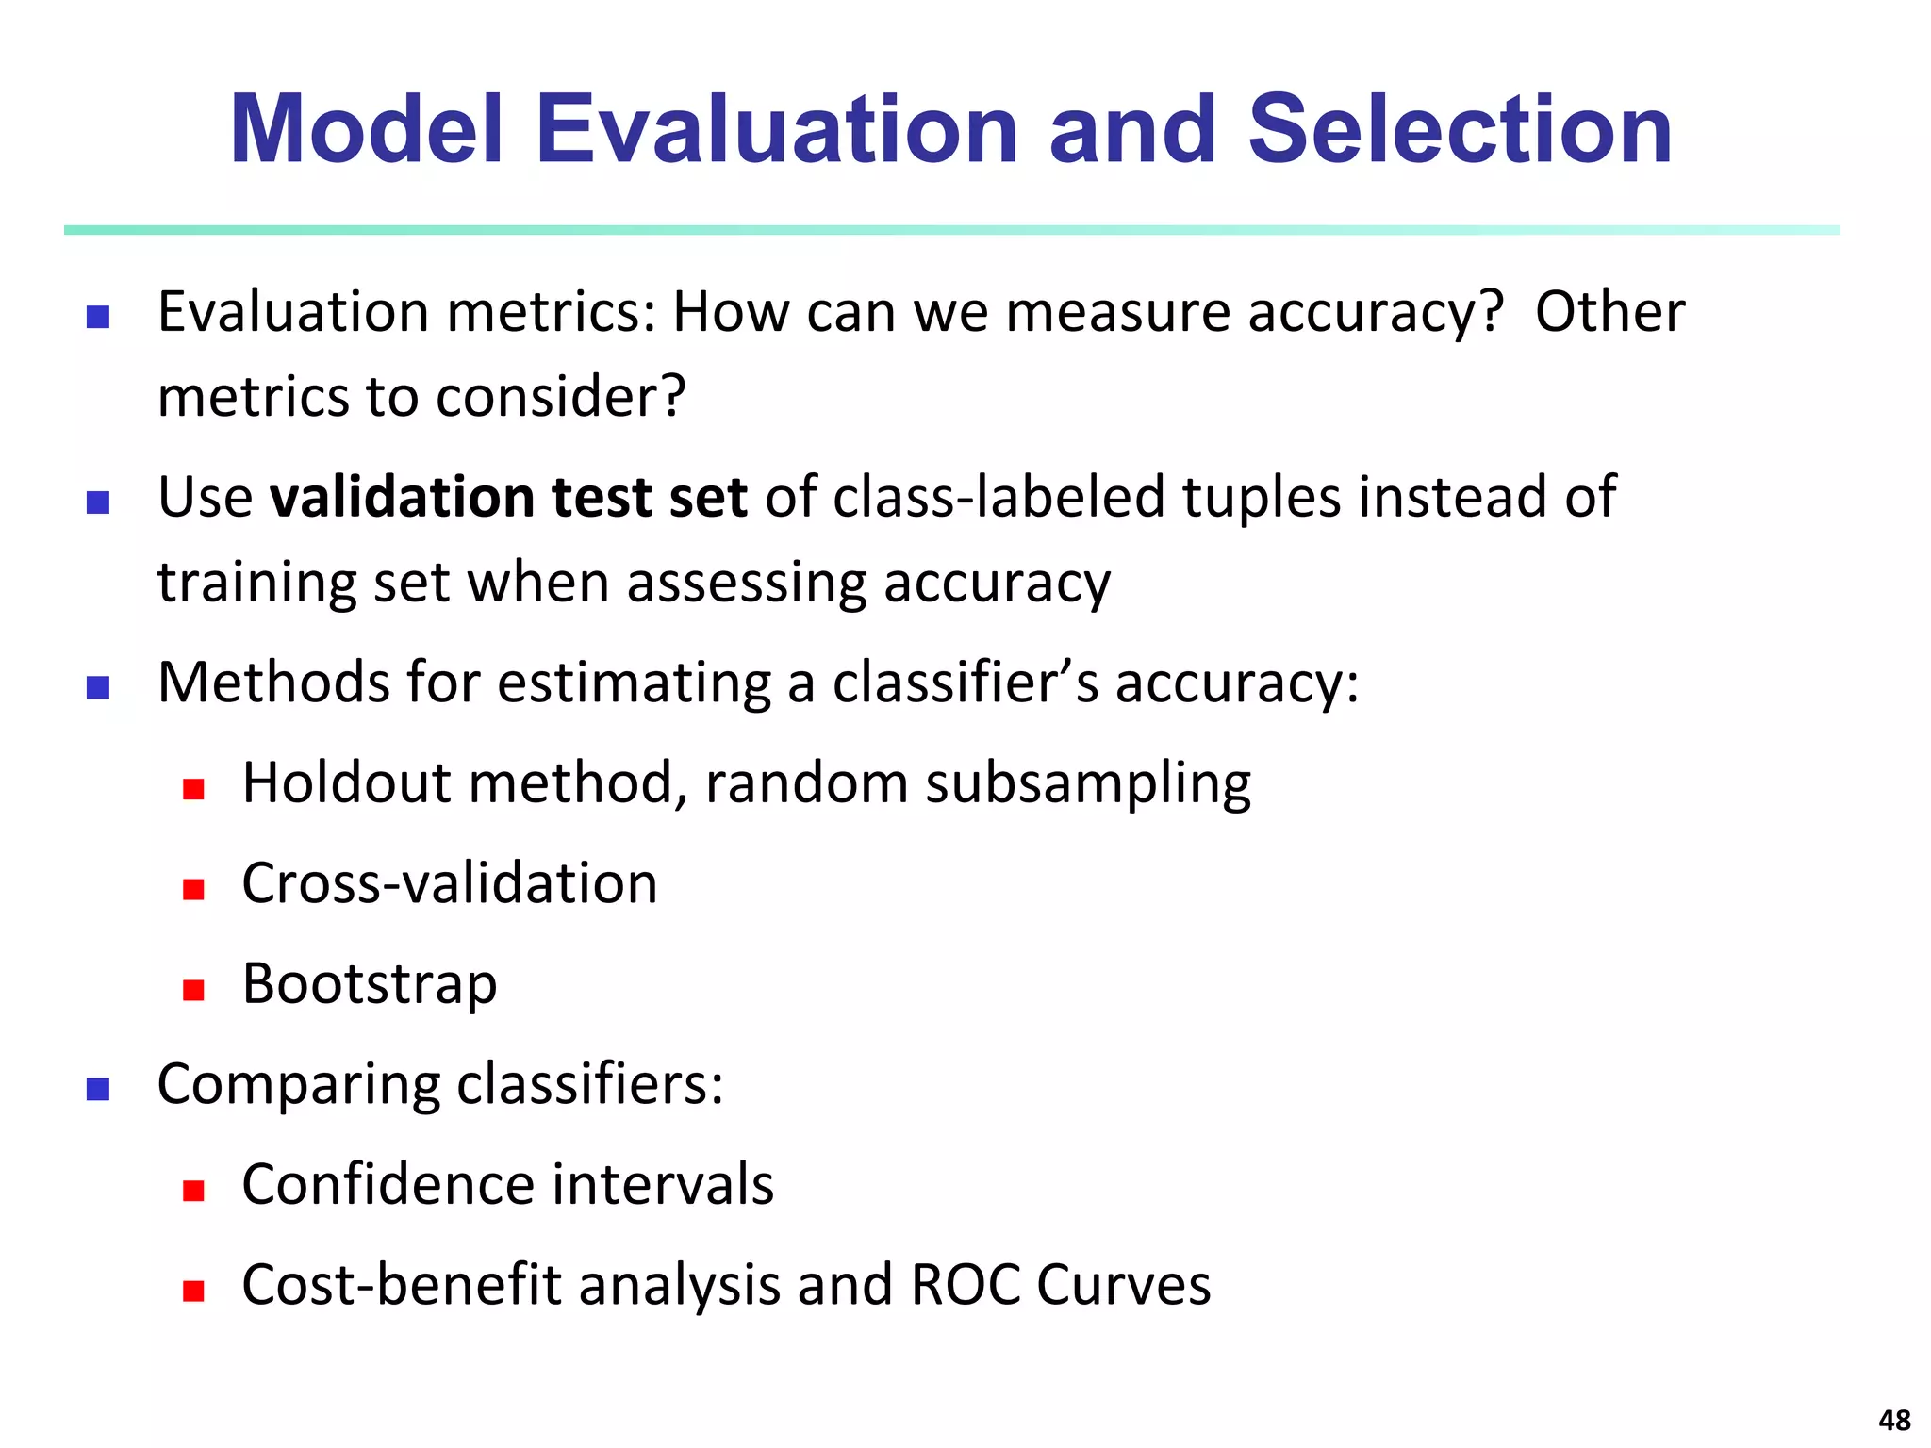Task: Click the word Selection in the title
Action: (x=1460, y=130)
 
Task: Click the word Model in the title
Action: (x=367, y=130)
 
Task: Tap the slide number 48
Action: (x=1894, y=1420)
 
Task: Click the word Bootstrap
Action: (x=369, y=984)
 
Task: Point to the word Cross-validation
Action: (x=449, y=884)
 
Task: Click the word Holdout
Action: (x=346, y=783)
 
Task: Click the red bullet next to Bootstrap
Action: (x=194, y=990)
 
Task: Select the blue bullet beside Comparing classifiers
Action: (x=98, y=1090)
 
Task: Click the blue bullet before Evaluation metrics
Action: (x=98, y=317)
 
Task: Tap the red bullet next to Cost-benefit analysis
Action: (x=194, y=1291)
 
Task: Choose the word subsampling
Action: (x=1087, y=783)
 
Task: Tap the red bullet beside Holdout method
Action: (x=194, y=789)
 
